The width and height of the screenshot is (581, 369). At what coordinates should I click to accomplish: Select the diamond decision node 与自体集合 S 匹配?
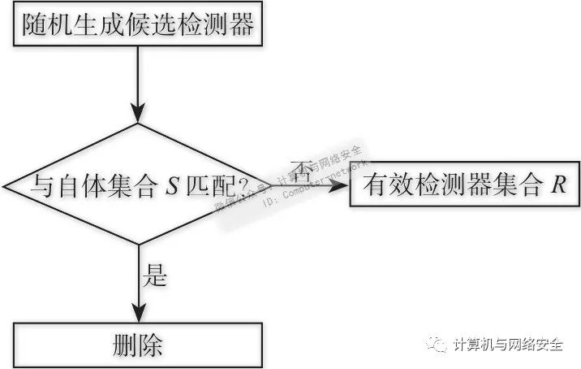pyautogui.click(x=138, y=184)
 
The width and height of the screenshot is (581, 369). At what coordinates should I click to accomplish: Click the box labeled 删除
pyautogui.click(x=138, y=345)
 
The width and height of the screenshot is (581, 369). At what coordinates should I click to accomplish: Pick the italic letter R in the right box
pyautogui.click(x=557, y=186)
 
